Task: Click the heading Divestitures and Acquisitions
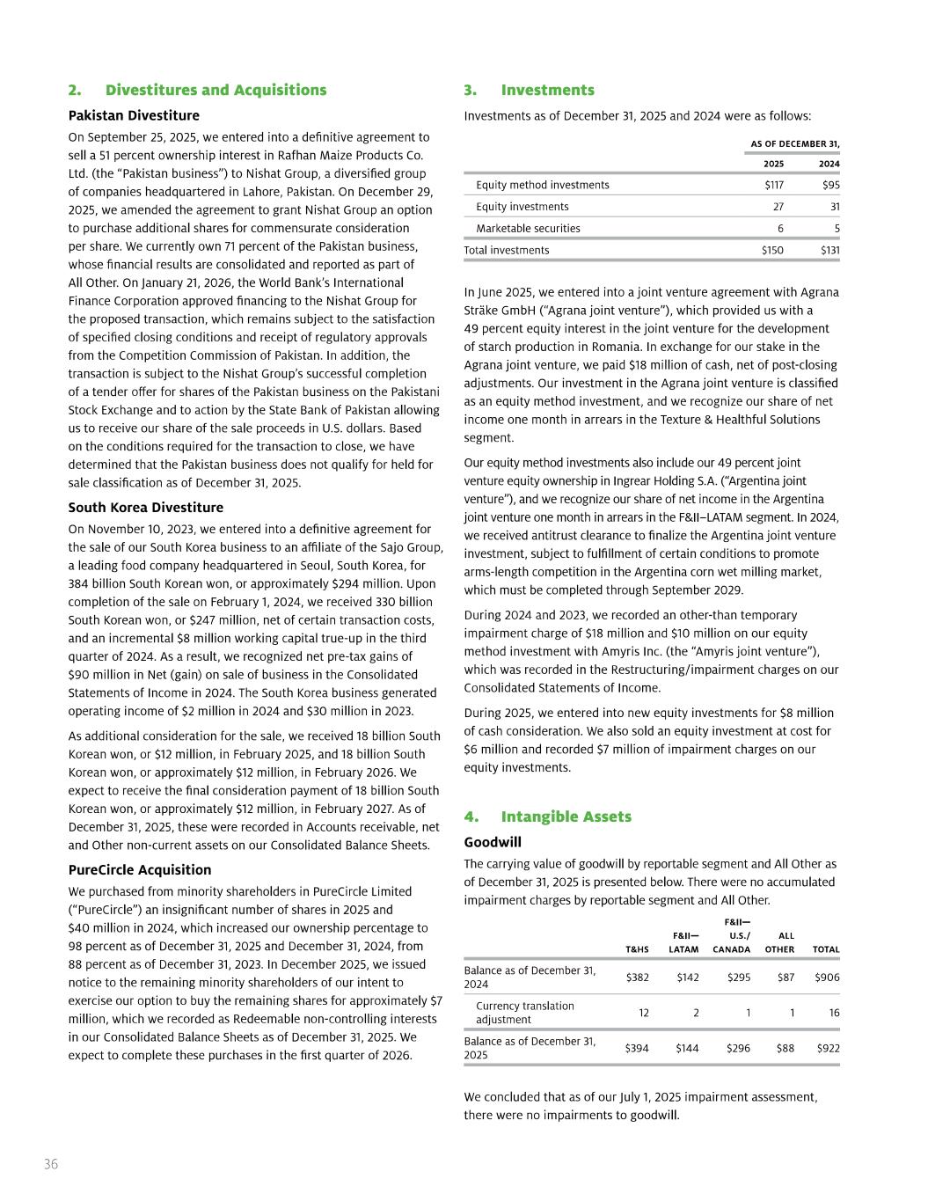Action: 216,90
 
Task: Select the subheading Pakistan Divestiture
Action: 134,115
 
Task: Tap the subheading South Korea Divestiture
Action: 146,508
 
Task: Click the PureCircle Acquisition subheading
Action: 140,870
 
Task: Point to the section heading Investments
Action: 547,90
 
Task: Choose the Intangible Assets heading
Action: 566,817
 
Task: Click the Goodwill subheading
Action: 493,842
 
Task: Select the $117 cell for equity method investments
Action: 774,185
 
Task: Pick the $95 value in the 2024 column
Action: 830,185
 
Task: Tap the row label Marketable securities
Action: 528,228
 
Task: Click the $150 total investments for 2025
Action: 772,250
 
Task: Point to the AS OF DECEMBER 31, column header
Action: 794,143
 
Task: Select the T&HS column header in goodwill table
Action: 637,949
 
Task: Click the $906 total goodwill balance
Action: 827,978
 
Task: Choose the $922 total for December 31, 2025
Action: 827,1048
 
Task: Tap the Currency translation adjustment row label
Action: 525,1013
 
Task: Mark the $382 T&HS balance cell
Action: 637,978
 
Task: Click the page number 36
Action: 51,1164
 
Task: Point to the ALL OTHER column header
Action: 779,942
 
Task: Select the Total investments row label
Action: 507,250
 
